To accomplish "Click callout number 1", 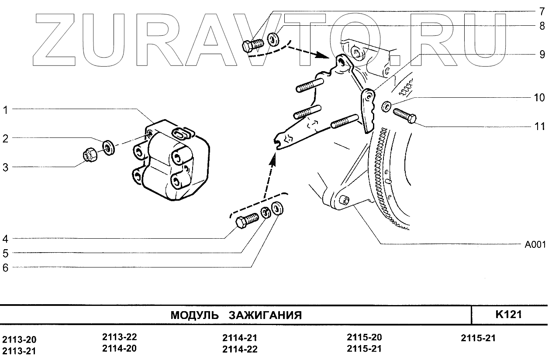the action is [x=6, y=110].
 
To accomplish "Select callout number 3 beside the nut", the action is [x=6, y=167].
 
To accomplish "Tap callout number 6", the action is [x=6, y=268].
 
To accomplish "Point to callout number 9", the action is [x=542, y=55].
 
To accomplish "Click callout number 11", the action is [x=540, y=127].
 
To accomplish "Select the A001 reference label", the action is [x=535, y=245].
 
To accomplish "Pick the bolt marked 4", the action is [x=246, y=220].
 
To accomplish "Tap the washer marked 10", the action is [x=386, y=106].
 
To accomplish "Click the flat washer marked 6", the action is [x=277, y=209].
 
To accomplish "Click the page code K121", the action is [x=509, y=315].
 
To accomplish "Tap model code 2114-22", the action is [x=239, y=349].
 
